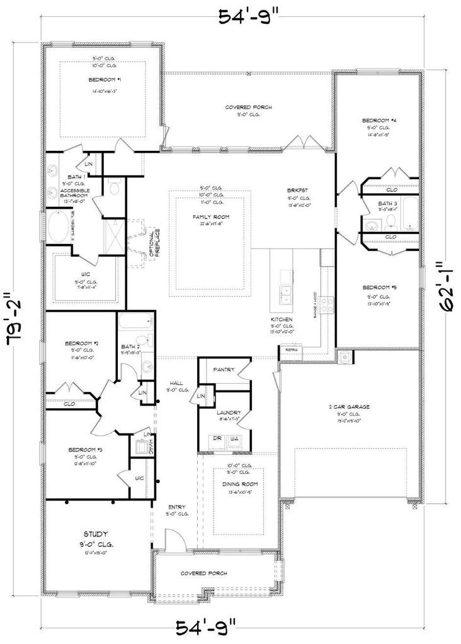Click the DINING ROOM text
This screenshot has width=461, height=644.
(x=238, y=484)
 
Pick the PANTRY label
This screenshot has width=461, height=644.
(x=224, y=370)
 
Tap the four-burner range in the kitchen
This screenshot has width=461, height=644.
(x=327, y=305)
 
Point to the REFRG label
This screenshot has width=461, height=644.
(x=291, y=350)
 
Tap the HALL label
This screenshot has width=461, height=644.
(x=175, y=383)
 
